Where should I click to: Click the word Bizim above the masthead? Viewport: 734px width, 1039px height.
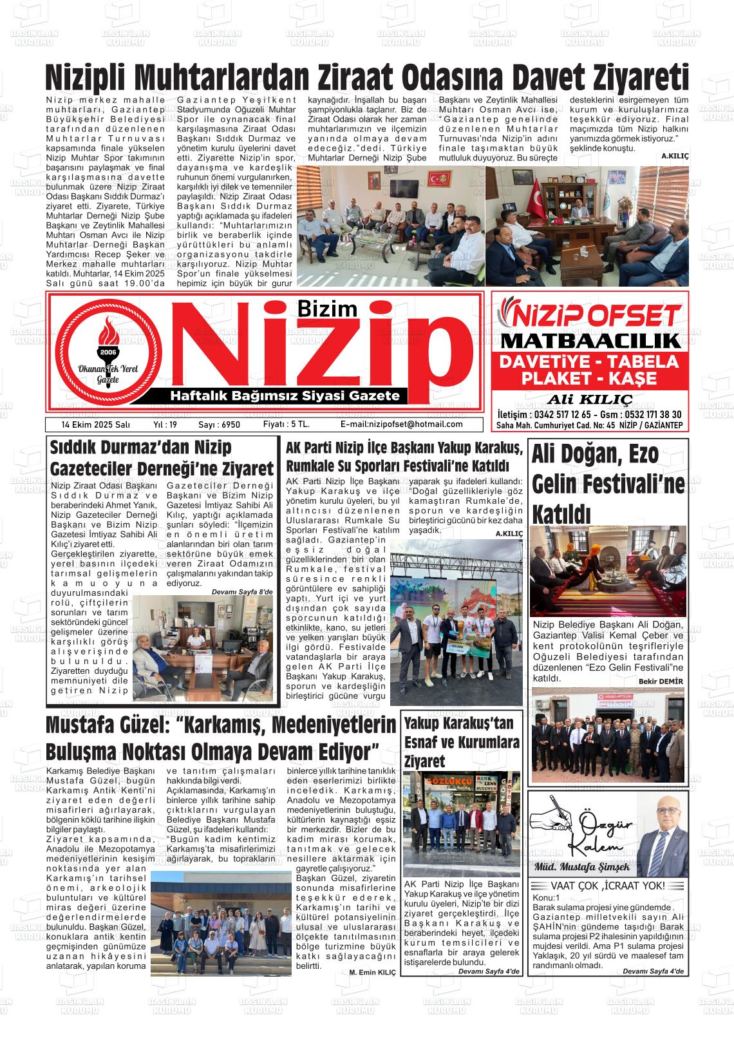[x=328, y=309]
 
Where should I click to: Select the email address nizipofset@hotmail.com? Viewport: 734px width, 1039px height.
[x=401, y=424]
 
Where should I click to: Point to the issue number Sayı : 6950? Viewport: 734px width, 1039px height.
[x=219, y=425]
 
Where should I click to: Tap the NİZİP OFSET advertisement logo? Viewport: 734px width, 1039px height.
[x=590, y=315]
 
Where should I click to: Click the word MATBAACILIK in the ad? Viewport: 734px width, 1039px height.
[x=590, y=341]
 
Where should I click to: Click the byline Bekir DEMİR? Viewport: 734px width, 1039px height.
[x=661, y=682]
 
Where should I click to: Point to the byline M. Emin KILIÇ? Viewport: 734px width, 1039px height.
[x=373, y=972]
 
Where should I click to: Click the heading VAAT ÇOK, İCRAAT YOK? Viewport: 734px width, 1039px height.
[x=608, y=886]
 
